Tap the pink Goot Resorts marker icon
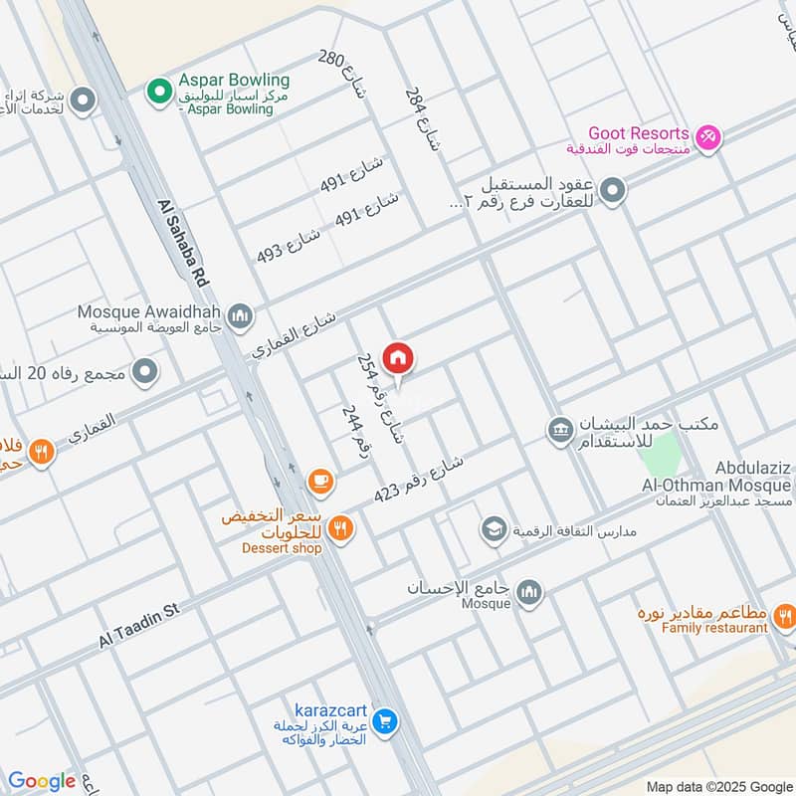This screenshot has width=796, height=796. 707,136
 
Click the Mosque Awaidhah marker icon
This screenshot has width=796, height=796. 239,317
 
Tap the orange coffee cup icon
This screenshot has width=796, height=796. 319,482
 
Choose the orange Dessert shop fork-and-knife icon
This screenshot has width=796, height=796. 340,528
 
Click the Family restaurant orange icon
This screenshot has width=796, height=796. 785,619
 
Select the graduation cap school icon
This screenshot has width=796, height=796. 493,529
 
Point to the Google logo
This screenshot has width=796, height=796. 41,780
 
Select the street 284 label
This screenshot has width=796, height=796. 421,117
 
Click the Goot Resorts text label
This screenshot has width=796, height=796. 638,133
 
